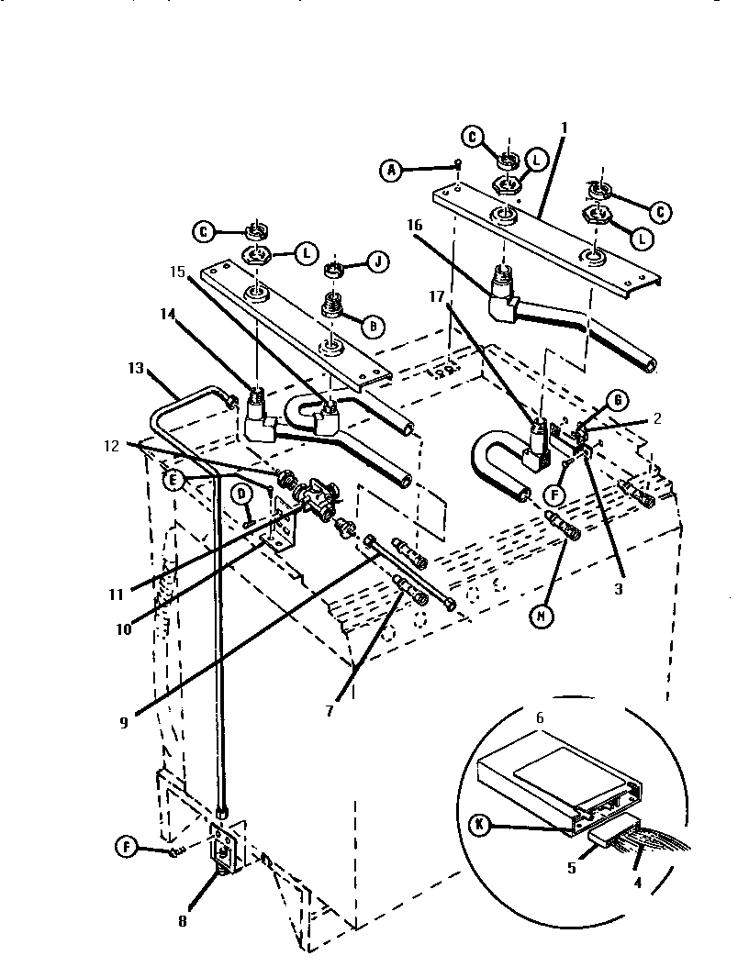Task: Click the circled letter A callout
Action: (x=392, y=170)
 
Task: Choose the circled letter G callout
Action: (x=619, y=399)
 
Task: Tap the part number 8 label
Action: (x=181, y=923)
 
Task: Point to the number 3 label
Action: (x=618, y=589)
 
